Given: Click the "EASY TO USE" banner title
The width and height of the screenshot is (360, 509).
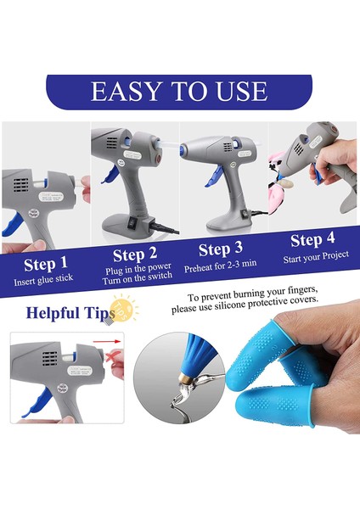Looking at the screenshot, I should point(179,91).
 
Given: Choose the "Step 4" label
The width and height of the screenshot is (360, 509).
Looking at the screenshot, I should point(312,240).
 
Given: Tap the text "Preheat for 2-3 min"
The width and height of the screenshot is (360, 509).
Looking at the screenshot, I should point(220,266).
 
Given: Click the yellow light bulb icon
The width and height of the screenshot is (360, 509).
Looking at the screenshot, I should point(124,307).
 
